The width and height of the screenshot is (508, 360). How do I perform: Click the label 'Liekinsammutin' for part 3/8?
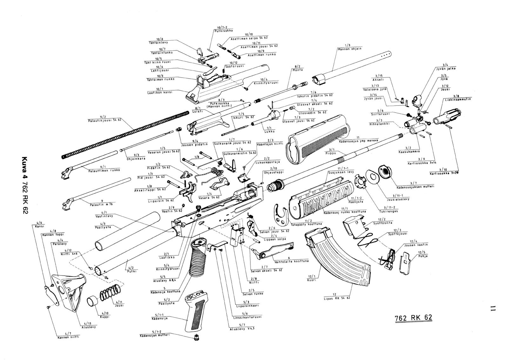(x=457, y=99)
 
